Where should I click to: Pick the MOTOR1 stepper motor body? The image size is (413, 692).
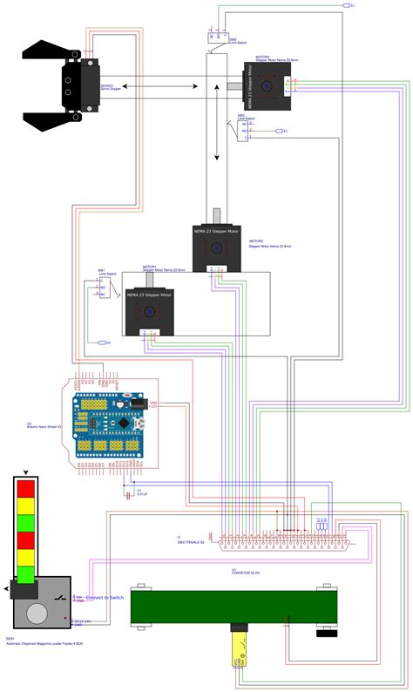(x=149, y=311)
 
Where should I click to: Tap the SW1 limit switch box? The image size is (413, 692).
(x=102, y=287)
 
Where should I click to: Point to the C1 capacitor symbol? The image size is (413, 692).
(x=132, y=490)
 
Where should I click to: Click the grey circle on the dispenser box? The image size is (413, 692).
(x=36, y=612)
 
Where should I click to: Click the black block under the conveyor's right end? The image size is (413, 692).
(x=326, y=632)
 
